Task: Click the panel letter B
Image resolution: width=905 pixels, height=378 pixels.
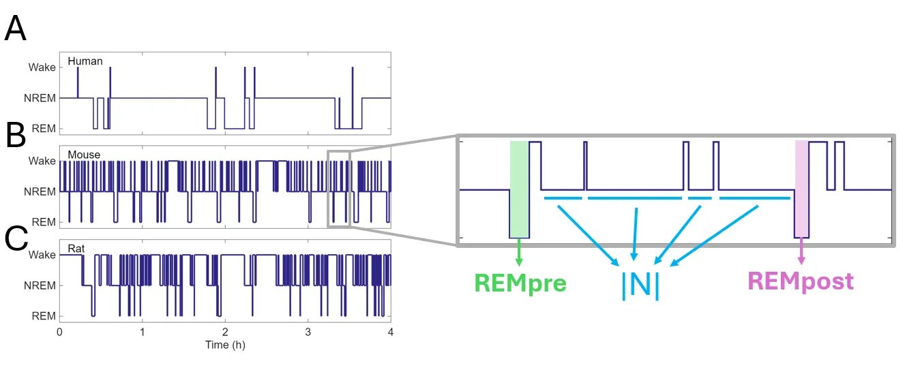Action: (15, 136)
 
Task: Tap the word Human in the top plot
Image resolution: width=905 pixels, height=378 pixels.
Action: (85, 61)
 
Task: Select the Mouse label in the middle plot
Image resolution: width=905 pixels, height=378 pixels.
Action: (84, 155)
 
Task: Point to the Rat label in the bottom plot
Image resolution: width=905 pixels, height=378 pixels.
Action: (76, 249)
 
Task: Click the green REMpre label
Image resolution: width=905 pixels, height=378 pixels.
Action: (520, 282)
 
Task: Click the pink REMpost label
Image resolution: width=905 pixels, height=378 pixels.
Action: (801, 281)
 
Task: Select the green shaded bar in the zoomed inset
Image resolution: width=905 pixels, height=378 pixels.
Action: (519, 189)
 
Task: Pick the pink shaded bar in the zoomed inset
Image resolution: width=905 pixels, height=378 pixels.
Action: (801, 189)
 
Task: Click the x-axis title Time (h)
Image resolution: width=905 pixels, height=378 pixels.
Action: (225, 345)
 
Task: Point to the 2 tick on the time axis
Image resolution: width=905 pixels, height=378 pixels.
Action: (225, 332)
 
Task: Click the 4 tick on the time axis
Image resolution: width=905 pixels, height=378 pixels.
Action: (390, 332)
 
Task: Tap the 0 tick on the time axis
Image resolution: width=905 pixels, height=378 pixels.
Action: (59, 332)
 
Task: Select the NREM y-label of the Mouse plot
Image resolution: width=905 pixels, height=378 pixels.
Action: (40, 192)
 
